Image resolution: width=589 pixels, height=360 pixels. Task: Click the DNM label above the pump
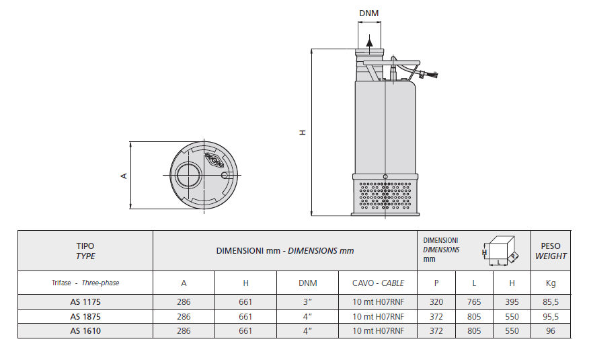[368, 13]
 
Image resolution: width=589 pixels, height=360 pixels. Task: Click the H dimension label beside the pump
[303, 133]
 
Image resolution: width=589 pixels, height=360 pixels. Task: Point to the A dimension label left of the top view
[124, 176]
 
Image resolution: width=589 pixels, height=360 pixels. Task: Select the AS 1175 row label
[85, 302]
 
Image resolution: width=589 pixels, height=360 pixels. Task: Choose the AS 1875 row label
[85, 316]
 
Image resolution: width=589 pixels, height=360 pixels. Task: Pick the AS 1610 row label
[85, 330]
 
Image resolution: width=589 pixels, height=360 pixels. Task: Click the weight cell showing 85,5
[551, 302]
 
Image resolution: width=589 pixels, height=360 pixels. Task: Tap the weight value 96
[551, 330]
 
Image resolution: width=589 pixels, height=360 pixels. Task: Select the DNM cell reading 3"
[308, 302]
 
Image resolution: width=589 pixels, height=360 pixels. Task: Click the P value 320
[437, 302]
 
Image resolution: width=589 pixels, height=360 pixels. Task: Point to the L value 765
[474, 302]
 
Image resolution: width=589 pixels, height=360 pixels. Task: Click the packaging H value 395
[512, 302]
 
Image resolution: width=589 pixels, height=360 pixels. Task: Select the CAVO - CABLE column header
[379, 283]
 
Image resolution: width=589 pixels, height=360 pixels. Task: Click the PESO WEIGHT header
[551, 251]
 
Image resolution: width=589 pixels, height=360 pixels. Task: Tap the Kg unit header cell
[551, 283]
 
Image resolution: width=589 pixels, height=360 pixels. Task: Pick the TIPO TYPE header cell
[85, 251]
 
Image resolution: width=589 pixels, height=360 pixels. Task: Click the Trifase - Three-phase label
[85, 283]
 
